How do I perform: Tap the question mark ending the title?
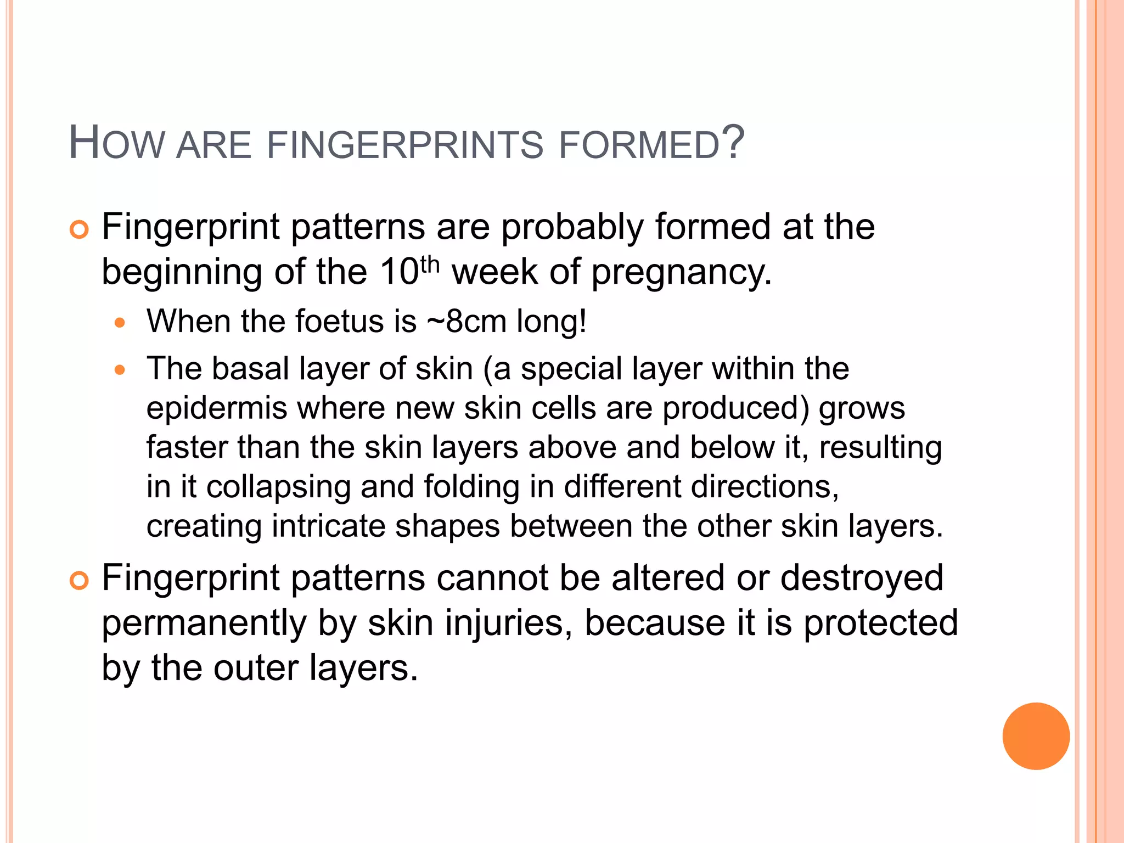click(x=733, y=142)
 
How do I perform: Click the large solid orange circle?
click(x=1036, y=736)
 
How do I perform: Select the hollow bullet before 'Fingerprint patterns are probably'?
click(x=80, y=230)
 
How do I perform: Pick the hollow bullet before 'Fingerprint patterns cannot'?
click(x=80, y=581)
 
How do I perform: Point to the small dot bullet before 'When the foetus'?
click(x=120, y=323)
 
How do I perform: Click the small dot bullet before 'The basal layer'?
click(x=120, y=370)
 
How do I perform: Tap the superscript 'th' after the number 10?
click(x=430, y=265)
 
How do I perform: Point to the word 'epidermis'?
click(x=217, y=409)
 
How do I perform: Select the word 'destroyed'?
click(x=862, y=578)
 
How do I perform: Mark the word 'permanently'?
click(x=204, y=624)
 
